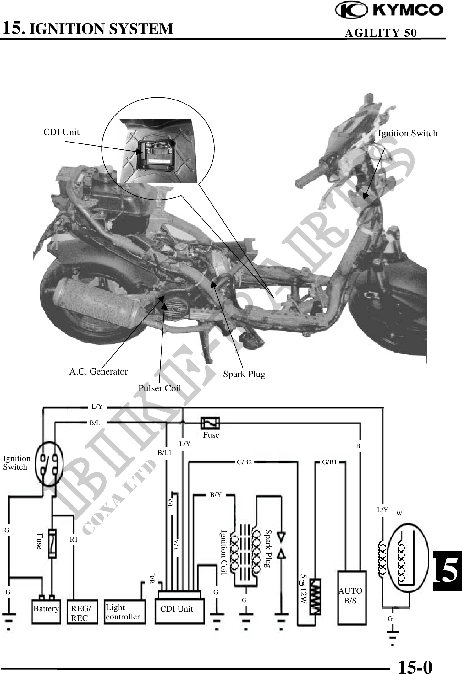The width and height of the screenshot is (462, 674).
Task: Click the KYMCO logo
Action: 389,11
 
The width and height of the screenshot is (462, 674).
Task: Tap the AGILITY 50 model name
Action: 381,33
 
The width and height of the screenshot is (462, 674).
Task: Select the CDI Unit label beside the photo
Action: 61,132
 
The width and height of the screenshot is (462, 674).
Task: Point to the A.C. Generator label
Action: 98,372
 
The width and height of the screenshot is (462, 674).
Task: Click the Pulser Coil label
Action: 160,388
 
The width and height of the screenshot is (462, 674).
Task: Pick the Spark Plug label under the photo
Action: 244,374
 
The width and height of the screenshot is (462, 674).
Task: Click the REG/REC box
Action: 82,612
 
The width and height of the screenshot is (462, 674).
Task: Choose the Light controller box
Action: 124,612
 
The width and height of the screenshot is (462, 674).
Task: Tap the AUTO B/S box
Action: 351,596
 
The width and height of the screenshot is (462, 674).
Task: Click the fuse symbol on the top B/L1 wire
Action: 210,423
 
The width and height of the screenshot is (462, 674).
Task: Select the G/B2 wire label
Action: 244,462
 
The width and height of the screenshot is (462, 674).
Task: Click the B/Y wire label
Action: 215,495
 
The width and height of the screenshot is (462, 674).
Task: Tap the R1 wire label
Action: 73,540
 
